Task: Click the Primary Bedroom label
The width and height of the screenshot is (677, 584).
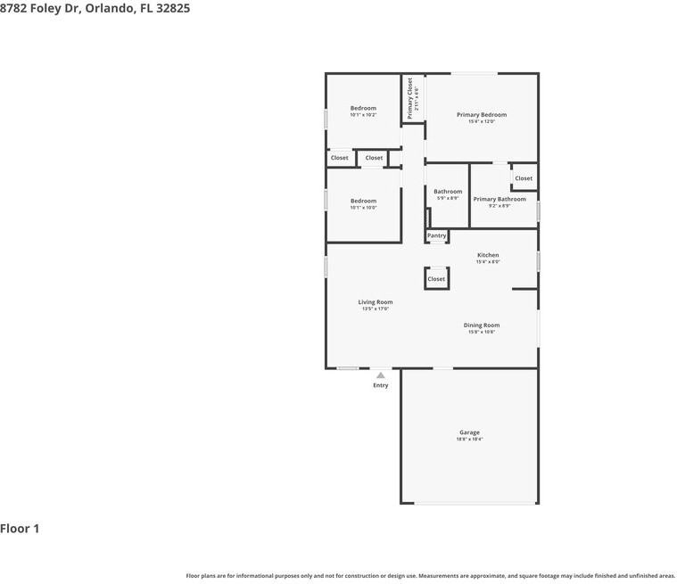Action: (482, 115)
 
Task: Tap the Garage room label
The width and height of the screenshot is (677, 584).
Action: (470, 432)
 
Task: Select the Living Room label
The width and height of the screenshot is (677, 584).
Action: (376, 302)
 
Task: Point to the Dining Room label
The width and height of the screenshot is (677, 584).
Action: (482, 325)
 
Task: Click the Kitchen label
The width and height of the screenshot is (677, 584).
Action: (488, 255)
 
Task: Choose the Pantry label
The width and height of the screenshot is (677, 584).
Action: (436, 235)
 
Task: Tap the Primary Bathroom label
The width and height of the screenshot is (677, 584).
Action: (499, 199)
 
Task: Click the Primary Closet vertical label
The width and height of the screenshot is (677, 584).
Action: (410, 98)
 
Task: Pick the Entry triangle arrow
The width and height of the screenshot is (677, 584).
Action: (381, 375)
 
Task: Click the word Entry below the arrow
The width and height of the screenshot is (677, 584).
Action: (381, 385)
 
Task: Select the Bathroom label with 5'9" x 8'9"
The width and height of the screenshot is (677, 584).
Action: (448, 192)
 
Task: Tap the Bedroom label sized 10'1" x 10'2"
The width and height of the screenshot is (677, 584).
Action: (363, 108)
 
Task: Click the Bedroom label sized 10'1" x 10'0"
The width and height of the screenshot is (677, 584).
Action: (363, 201)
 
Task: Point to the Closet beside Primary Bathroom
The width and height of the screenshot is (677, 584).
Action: (524, 178)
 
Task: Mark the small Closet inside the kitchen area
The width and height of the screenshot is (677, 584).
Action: (436, 279)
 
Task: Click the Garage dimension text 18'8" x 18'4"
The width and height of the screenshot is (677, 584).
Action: (470, 439)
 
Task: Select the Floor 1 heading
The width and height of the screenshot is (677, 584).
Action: (20, 529)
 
